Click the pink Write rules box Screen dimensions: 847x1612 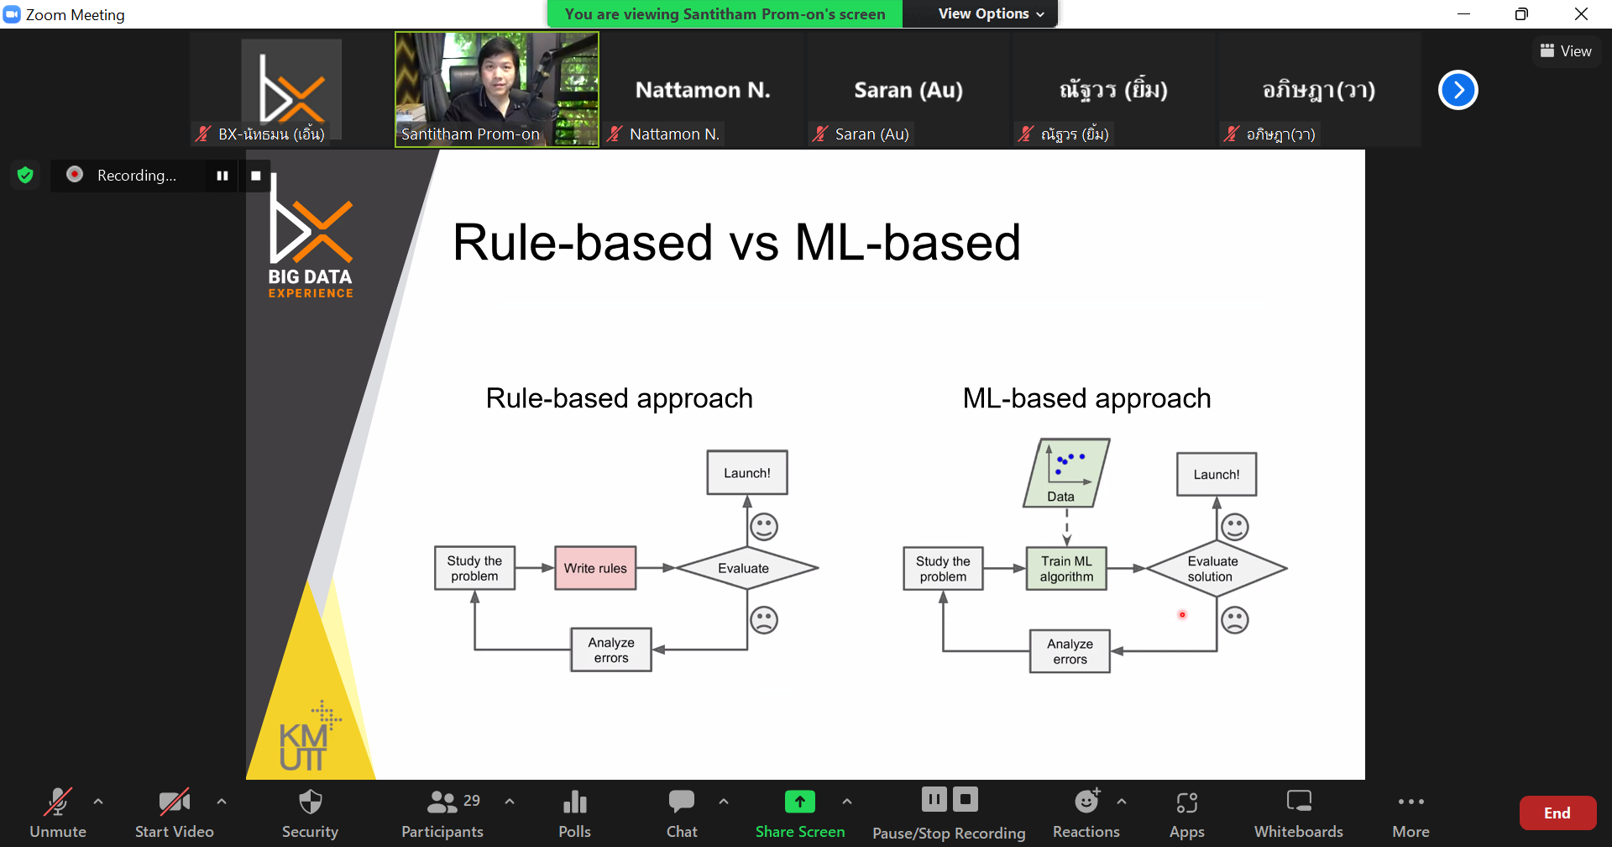coord(595,568)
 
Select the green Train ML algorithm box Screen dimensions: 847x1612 coord(1066,569)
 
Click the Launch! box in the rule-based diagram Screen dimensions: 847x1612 coord(747,473)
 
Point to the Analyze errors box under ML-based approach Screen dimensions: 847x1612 coord(1070,651)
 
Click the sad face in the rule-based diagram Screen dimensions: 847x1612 coord(764,620)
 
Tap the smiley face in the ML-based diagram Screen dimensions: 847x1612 coord(1235,527)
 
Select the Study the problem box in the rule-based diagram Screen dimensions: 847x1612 coord(474,568)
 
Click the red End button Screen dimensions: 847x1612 coord(1557,813)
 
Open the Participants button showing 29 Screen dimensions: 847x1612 coord(442,813)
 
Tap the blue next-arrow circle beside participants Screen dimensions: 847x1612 coord(1458,90)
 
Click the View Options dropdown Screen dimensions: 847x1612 coord(991,13)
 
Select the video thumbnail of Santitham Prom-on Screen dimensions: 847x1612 coord(497,89)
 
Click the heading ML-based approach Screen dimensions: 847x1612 coord(1086,398)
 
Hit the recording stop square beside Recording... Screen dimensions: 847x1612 coord(256,176)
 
